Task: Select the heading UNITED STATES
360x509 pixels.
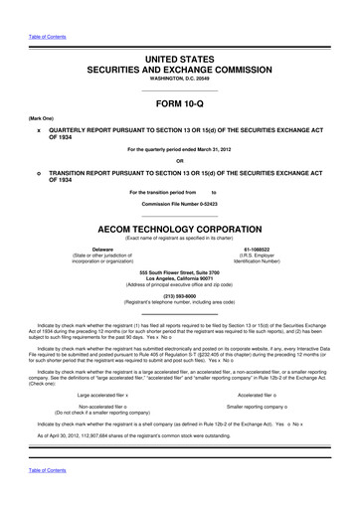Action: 179,62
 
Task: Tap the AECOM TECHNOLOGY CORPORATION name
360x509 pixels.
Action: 179,227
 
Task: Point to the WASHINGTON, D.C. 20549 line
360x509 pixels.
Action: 179,85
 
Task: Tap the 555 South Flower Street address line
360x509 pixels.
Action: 179,271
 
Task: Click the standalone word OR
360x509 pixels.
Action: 179,162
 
